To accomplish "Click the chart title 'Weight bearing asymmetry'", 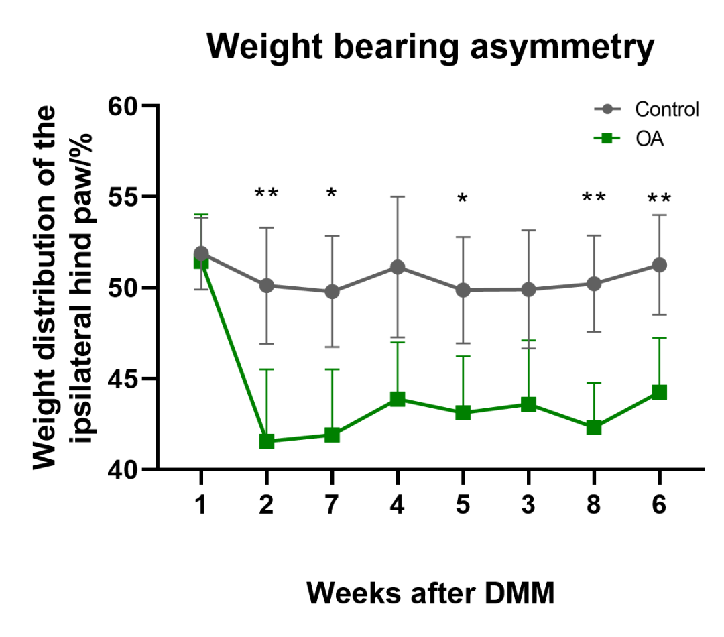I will pyautogui.click(x=430, y=48).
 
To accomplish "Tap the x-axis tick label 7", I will pyautogui.click(x=332, y=504).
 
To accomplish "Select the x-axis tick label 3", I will pyautogui.click(x=528, y=504).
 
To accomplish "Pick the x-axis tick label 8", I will pyautogui.click(x=593, y=504).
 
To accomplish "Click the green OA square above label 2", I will pyautogui.click(x=266, y=441).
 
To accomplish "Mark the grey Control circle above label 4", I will pyautogui.click(x=398, y=268).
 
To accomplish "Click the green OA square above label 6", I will pyautogui.click(x=659, y=392).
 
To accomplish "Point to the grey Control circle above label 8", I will pyautogui.click(x=593, y=284).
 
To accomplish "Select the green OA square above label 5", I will pyautogui.click(x=463, y=413).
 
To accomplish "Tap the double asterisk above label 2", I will pyautogui.click(x=266, y=195).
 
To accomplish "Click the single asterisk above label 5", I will pyautogui.click(x=463, y=199).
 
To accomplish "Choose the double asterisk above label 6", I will pyautogui.click(x=659, y=199).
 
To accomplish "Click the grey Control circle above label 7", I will pyautogui.click(x=332, y=292).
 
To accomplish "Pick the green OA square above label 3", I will pyautogui.click(x=528, y=404).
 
